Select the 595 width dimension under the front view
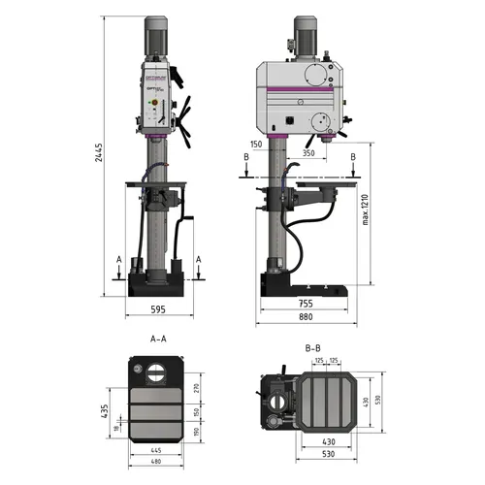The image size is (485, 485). tap(158, 309)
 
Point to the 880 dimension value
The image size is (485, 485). tap(304, 317)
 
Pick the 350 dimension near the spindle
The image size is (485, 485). tap(307, 153)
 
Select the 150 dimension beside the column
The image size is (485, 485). tap(256, 144)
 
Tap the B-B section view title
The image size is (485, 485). tap(312, 346)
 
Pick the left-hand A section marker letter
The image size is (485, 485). tap(118, 259)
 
